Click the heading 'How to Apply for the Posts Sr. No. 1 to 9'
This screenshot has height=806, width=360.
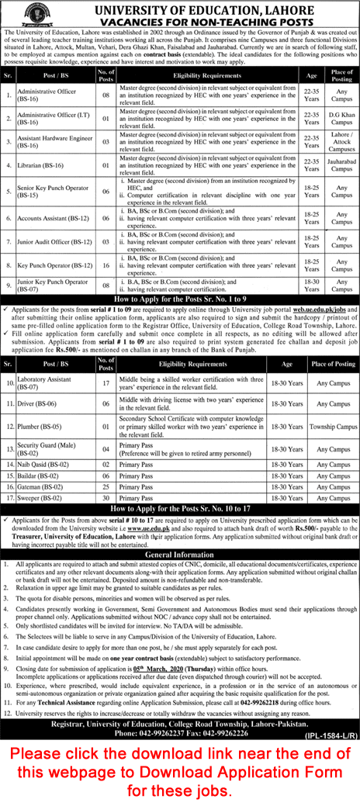pyautogui.click(x=180, y=299)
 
